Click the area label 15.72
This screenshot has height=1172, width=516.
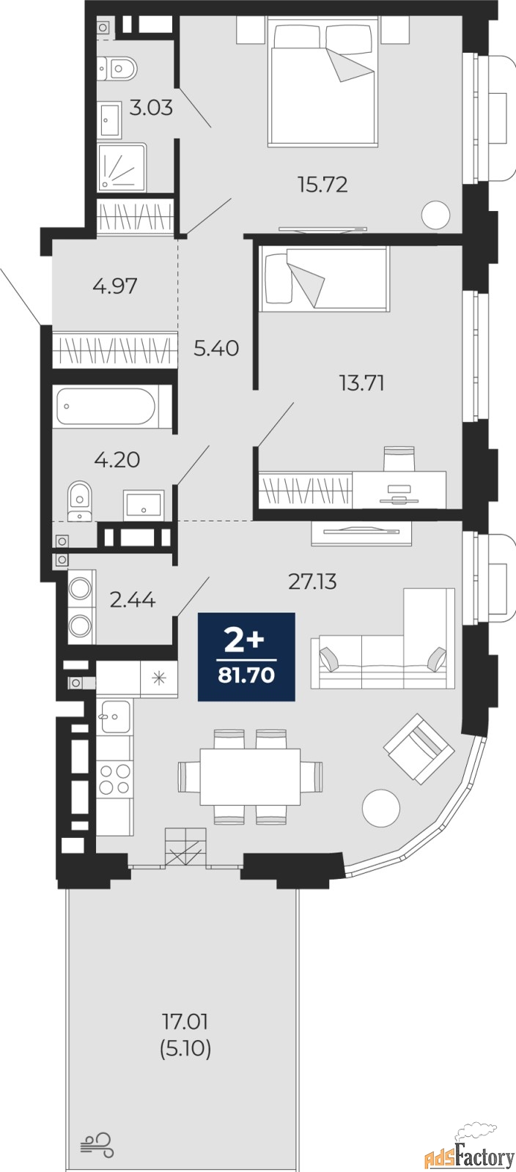pos(323,185)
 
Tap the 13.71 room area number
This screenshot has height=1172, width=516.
pos(361,384)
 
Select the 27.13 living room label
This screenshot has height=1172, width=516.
pos(312,582)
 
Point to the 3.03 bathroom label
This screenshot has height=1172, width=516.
pos(151,108)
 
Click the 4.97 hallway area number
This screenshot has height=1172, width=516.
pos(115,286)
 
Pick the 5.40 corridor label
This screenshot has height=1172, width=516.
pos(216,348)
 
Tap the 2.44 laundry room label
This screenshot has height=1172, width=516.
pos(133,600)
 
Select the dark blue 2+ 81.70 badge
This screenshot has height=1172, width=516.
pos(246,656)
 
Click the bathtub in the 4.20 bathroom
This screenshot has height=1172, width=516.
pos(106,406)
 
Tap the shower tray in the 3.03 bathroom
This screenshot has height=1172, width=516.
pos(122,168)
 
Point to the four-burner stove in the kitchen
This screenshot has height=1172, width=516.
pos(114,779)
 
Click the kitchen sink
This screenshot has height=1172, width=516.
pos(114,716)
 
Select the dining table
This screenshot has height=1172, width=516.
pos(250,776)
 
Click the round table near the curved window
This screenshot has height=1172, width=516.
pos(382,807)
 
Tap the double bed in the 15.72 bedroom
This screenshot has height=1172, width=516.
pos(322,81)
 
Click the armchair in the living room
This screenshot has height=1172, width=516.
pos(419,748)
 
